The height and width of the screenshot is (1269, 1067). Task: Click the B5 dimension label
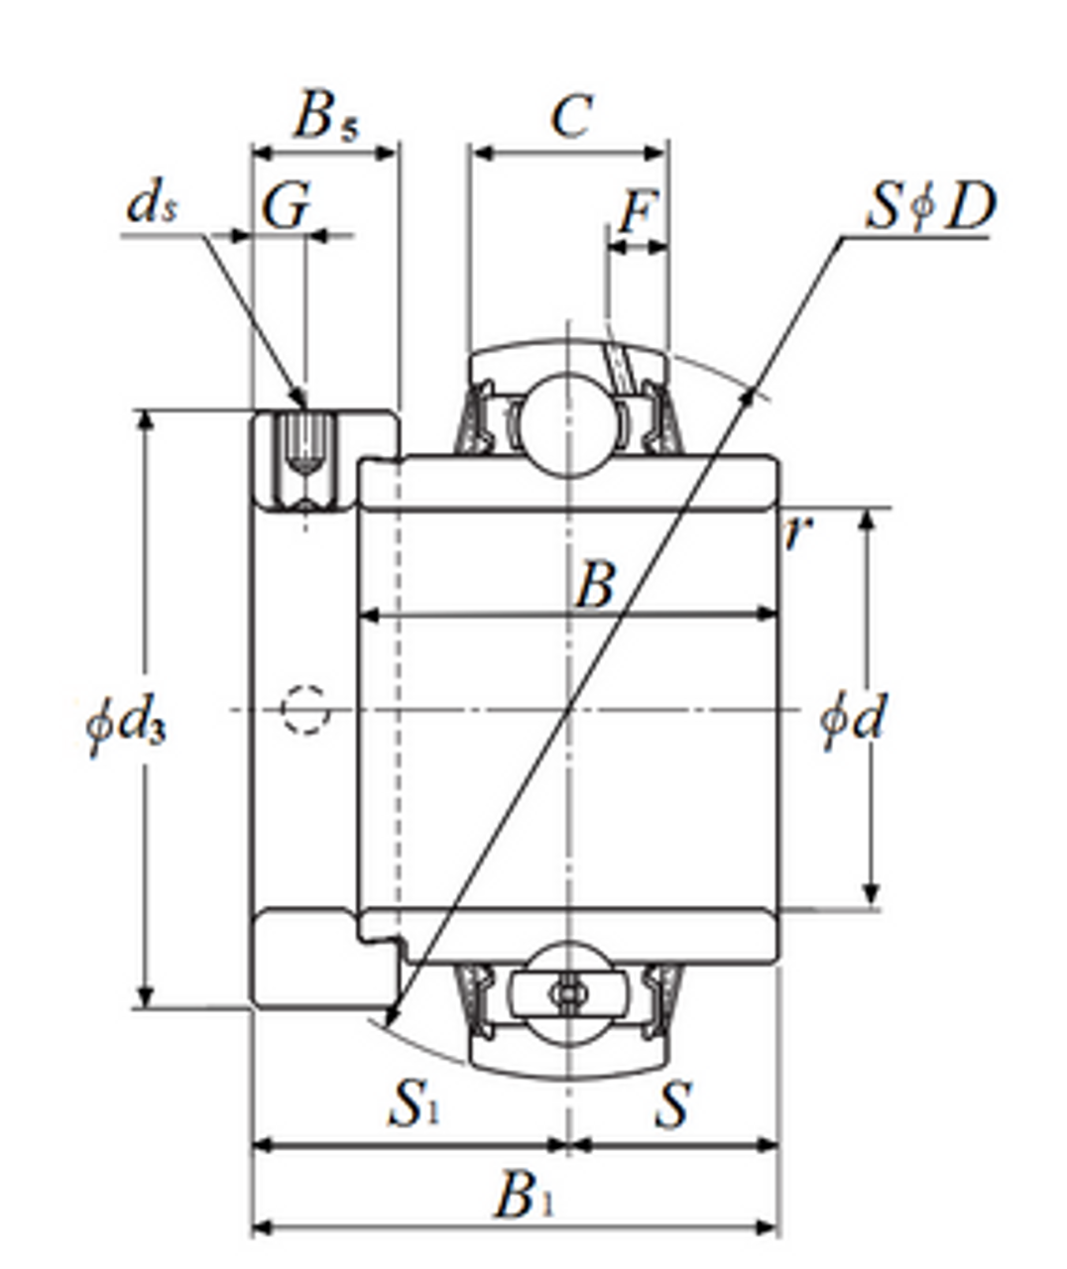[x=325, y=117]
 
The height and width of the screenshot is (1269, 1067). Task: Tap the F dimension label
[x=637, y=212]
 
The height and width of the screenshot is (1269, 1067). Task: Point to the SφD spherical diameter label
[x=929, y=208]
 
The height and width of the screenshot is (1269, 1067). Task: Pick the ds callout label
[x=152, y=205]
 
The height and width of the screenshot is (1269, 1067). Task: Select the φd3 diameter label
[x=126, y=724]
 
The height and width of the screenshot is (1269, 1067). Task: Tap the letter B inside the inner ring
[x=595, y=585]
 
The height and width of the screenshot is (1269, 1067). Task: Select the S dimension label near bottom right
[x=671, y=1104]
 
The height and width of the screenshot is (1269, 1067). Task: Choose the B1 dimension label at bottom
[x=524, y=1196]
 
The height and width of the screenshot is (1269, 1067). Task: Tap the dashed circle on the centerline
[x=304, y=709]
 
